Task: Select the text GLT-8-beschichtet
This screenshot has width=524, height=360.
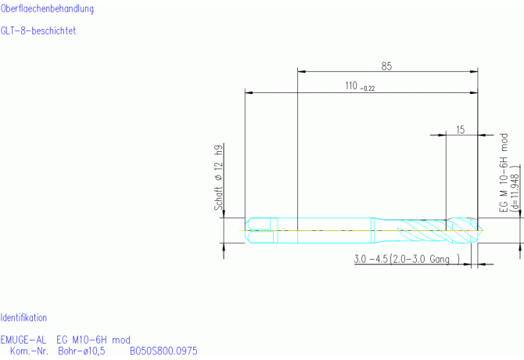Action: click(x=38, y=31)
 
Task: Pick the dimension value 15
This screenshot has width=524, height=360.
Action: click(x=460, y=130)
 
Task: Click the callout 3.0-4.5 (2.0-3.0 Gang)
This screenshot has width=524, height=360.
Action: click(x=406, y=259)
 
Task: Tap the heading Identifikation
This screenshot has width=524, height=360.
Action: click(x=23, y=318)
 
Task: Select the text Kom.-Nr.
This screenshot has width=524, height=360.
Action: click(x=30, y=351)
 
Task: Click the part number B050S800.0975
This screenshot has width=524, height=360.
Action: click(x=163, y=351)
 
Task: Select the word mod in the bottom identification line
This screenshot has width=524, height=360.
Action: click(x=120, y=340)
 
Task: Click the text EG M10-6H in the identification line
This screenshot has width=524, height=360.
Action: click(x=82, y=340)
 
